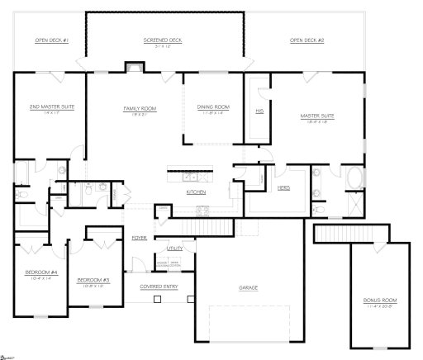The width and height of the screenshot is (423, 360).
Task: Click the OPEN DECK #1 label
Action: [51, 40]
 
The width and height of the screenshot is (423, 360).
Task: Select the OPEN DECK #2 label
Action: [307, 40]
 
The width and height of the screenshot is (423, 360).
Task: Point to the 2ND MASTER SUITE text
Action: [46, 107]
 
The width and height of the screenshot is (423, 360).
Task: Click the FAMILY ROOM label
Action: [135, 107]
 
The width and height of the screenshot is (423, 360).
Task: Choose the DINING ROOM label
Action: [212, 107]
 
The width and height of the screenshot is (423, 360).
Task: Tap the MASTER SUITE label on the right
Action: [315, 116]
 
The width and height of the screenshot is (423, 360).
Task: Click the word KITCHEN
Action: [195, 192]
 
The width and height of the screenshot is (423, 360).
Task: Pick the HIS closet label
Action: [259, 110]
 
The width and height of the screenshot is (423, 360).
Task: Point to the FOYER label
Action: [139, 237]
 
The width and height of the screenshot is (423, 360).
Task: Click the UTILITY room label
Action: [174, 248]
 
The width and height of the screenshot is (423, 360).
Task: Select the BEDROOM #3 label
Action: [93, 281]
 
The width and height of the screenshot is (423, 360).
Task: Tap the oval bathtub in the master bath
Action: [354, 178]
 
